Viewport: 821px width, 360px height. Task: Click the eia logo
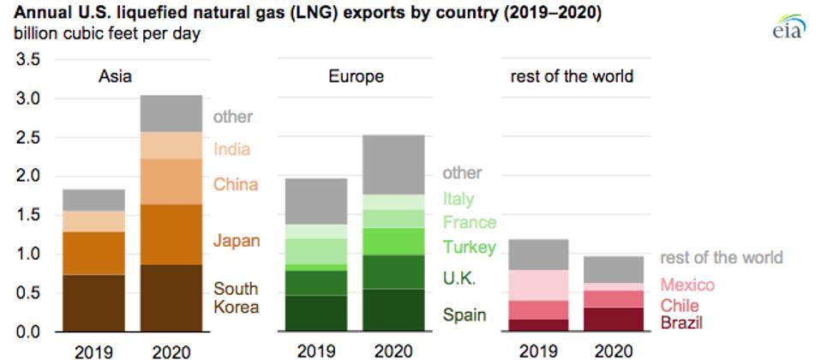[788, 27]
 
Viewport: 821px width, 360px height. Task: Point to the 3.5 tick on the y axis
[26, 60]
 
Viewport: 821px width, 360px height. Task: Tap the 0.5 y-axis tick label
[26, 293]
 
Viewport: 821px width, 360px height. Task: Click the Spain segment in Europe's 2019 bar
[315, 313]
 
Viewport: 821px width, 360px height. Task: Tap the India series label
[231, 149]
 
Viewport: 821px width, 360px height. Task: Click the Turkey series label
[468, 248]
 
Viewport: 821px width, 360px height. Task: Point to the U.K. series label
[460, 279]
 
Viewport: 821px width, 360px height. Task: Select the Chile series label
[680, 305]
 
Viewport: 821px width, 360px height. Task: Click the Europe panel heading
[356, 76]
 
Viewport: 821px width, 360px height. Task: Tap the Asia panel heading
[114, 76]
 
